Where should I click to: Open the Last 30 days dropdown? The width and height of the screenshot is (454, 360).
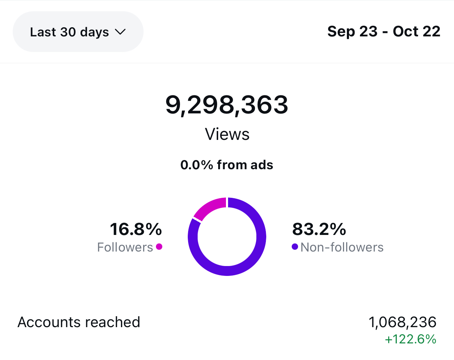pyautogui.click(x=78, y=32)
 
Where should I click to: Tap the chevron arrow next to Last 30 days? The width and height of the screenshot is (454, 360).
pyautogui.click(x=120, y=32)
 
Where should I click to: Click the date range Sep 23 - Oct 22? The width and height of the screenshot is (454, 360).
pyautogui.click(x=384, y=31)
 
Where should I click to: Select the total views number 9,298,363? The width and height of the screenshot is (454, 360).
pyautogui.click(x=227, y=105)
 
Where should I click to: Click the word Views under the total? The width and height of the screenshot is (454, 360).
pyautogui.click(x=227, y=134)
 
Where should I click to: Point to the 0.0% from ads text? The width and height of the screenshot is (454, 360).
pyautogui.click(x=227, y=165)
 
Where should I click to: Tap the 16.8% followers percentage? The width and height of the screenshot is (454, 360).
pyautogui.click(x=136, y=229)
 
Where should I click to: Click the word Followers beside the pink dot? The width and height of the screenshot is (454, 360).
pyautogui.click(x=125, y=247)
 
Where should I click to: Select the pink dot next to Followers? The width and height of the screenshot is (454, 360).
pyautogui.click(x=159, y=247)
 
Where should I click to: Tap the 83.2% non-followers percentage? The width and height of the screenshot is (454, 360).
pyautogui.click(x=319, y=229)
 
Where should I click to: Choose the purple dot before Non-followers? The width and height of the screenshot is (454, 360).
pyautogui.click(x=295, y=247)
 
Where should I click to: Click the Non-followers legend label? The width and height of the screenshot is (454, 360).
pyautogui.click(x=342, y=247)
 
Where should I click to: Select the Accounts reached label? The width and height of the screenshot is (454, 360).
pyautogui.click(x=79, y=322)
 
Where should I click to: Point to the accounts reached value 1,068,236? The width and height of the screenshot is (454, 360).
pyautogui.click(x=402, y=322)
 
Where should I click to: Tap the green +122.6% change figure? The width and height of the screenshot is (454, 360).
pyautogui.click(x=411, y=339)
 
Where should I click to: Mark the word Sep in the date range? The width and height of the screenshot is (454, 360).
pyautogui.click(x=341, y=31)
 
